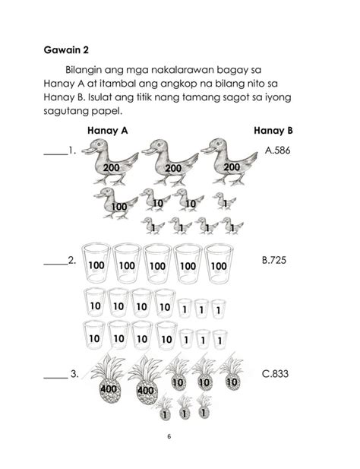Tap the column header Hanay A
pos(107,131)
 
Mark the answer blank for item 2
pos(55,261)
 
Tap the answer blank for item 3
pos(55,374)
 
